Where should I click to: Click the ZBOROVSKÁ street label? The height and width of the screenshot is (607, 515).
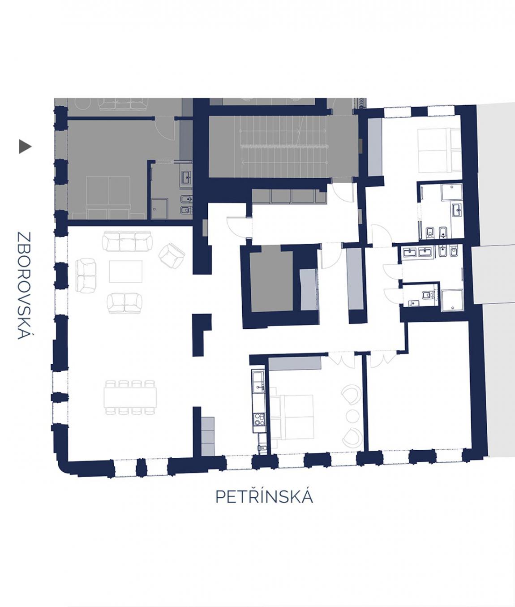point(24,285)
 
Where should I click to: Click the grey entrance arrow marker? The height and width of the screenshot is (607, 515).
point(25,146)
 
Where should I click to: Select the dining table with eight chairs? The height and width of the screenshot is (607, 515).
point(130,397)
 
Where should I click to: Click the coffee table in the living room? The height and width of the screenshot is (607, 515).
point(126,271)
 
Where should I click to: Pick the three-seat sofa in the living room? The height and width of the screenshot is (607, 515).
point(127,241)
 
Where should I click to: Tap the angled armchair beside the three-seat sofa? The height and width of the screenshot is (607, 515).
point(172,255)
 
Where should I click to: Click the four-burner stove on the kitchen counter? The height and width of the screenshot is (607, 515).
point(258,419)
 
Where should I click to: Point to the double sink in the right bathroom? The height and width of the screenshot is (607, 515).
point(418,252)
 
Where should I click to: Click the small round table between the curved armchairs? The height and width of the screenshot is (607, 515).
point(352,416)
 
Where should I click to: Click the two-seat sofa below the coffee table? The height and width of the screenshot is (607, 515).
point(124,303)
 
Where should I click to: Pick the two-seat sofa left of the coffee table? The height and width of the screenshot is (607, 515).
point(86,275)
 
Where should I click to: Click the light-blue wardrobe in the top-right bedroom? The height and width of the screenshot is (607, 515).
point(375,146)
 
